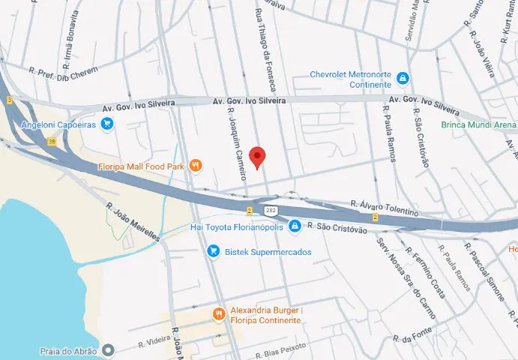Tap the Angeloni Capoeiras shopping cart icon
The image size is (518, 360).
pos(106,124)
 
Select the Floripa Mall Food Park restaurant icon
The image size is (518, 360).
pos(195,165)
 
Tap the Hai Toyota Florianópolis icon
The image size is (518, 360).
pos(295,226)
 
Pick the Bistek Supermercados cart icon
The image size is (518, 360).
pos(214,251)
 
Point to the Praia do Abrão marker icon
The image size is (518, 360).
pos(109,349)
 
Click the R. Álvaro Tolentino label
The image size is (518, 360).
pos(384,208)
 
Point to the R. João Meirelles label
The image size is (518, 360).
pos(133,221)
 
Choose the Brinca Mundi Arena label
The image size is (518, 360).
pos(478,124)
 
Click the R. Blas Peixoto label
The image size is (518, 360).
pos(281,352)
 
